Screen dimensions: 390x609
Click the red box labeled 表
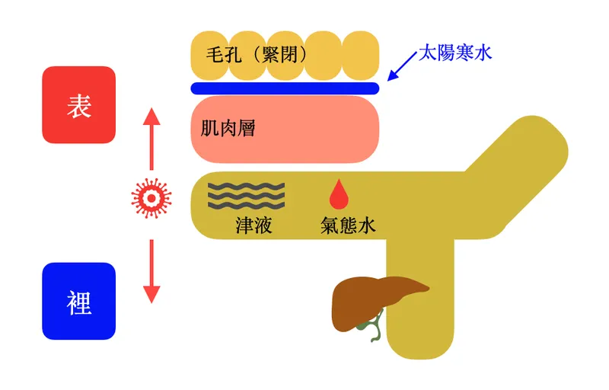tap(79, 104)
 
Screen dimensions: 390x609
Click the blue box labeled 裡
tap(79, 301)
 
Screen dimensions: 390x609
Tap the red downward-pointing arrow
tap(151, 271)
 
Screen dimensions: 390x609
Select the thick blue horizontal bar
tap(285, 88)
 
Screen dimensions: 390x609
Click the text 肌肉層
tap(228, 128)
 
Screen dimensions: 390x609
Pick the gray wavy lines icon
tap(246, 197)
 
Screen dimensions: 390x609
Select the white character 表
tap(79, 106)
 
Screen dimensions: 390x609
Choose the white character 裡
tap(79, 302)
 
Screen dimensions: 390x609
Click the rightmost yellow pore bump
tap(360, 55)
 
